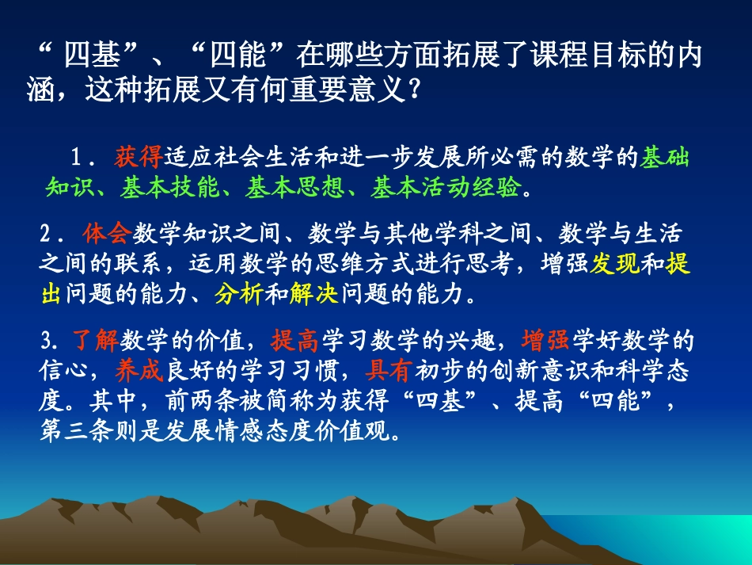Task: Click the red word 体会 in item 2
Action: (x=106, y=235)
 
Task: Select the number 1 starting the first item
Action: (x=76, y=158)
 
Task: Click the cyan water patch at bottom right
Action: (x=697, y=539)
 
